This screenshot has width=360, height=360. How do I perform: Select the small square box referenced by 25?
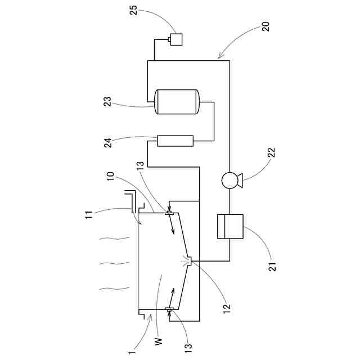(x=176, y=39)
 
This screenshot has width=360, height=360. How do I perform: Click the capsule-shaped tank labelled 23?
(x=177, y=102)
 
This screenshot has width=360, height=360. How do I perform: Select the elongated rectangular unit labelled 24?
(x=175, y=140)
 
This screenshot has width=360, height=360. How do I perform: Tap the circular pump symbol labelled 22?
(x=230, y=181)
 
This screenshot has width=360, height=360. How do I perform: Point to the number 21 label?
(x=271, y=265)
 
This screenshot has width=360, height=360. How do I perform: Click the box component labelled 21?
(x=230, y=227)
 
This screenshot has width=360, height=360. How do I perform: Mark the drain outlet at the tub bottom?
(x=190, y=261)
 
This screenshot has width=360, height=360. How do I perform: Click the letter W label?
(x=158, y=340)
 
